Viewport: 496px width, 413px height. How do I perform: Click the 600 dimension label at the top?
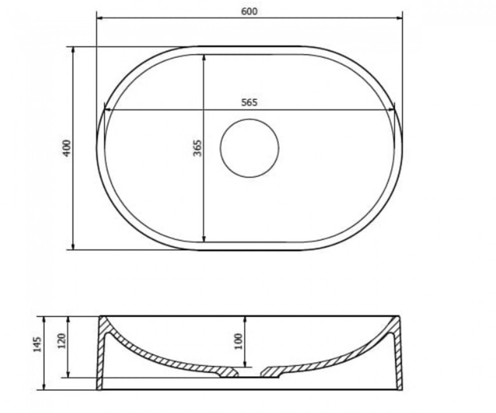(249, 11)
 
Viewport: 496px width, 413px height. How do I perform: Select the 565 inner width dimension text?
(249, 103)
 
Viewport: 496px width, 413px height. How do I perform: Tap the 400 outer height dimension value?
(67, 148)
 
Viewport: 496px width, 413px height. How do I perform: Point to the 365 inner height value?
(197, 148)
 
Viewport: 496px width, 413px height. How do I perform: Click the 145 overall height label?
(38, 345)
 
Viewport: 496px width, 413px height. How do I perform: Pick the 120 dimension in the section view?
(62, 341)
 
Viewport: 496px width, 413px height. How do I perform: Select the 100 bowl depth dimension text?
(239, 341)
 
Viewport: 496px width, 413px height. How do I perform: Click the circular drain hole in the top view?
(249, 148)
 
